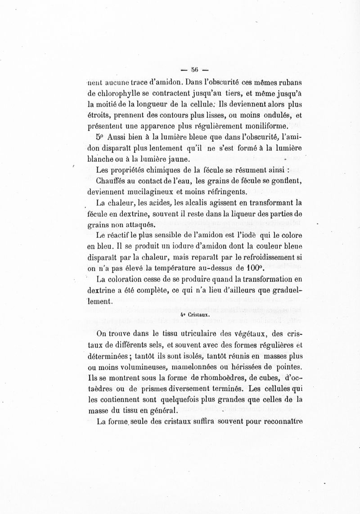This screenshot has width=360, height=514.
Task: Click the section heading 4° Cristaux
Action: pyautogui.click(x=195, y=315)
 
